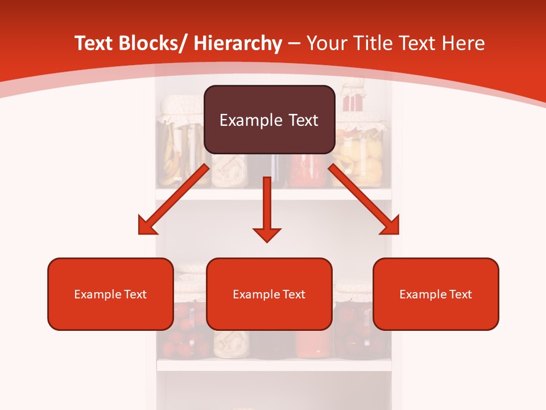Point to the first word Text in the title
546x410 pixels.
94,43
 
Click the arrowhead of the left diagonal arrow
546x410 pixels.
147,227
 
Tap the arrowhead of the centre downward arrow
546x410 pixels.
267,234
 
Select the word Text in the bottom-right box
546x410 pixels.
460,294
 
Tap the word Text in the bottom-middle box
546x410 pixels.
294,294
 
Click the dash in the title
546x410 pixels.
294,44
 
